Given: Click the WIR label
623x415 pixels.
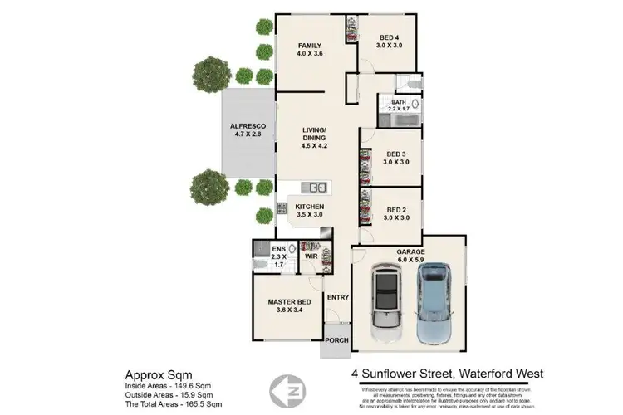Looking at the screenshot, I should (x=312, y=257).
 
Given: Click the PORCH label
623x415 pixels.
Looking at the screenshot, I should (x=337, y=340).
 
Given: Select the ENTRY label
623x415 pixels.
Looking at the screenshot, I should (x=337, y=297).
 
